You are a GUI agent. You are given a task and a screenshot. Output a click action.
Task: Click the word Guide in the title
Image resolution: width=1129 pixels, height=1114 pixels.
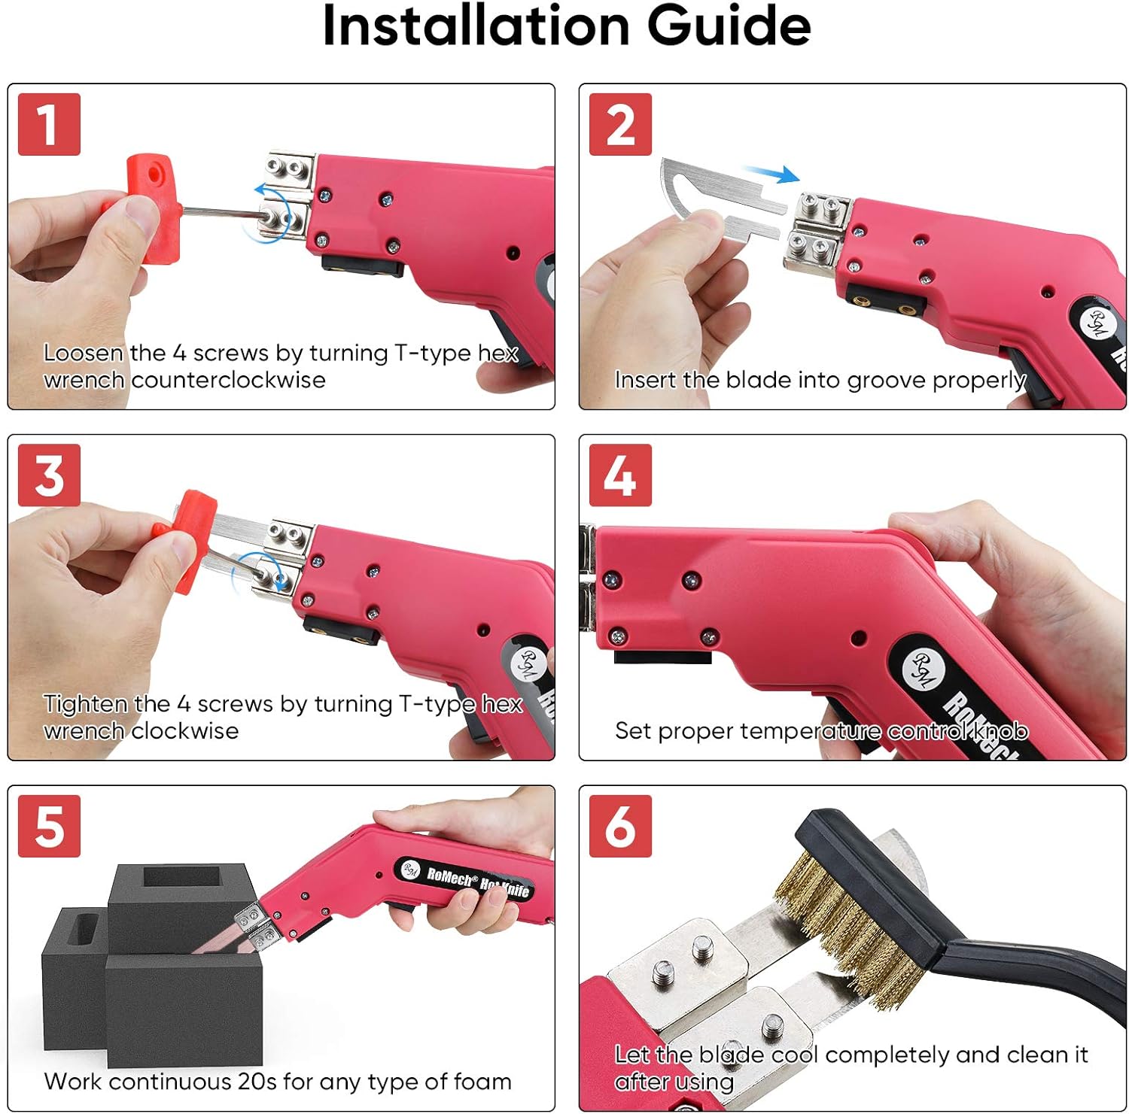pos(729,26)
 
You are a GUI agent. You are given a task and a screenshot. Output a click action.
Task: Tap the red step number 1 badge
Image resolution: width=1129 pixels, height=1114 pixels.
pos(49,124)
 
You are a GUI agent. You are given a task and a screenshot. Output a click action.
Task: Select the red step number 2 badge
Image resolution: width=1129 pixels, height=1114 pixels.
pos(620,124)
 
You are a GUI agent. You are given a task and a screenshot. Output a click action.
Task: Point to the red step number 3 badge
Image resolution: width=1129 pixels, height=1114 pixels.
pos(49,475)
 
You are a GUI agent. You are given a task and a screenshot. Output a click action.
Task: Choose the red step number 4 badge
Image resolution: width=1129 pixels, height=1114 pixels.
pos(620,475)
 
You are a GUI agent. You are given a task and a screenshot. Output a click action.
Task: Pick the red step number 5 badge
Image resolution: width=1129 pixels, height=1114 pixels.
pos(49,826)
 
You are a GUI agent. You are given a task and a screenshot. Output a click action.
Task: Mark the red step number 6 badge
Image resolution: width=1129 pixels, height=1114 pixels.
pos(620,826)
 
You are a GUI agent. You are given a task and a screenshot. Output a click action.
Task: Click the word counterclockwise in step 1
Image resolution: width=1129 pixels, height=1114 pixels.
pos(228,380)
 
